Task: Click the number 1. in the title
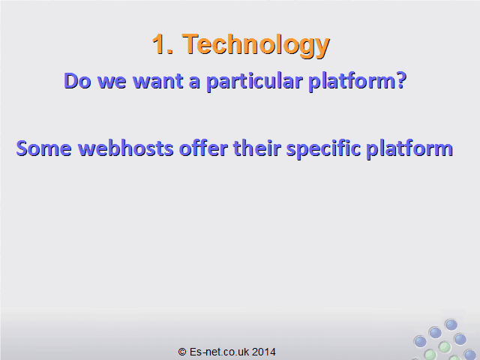[x=163, y=44]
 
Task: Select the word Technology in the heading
[x=256, y=45]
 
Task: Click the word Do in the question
[x=77, y=81]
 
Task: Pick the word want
[x=157, y=82]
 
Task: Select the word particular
[x=254, y=82]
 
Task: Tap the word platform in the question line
[x=352, y=82]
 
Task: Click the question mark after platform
[x=400, y=81]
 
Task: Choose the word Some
[x=43, y=148]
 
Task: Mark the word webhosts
[x=125, y=148]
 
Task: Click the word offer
[x=203, y=148]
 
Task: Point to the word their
[x=256, y=148]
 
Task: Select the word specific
[x=323, y=149]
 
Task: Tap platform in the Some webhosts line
[x=409, y=149]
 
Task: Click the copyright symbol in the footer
[x=182, y=352]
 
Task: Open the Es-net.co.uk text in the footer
[x=219, y=352]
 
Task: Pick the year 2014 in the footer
[x=263, y=352]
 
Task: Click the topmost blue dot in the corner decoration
[x=451, y=325]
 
